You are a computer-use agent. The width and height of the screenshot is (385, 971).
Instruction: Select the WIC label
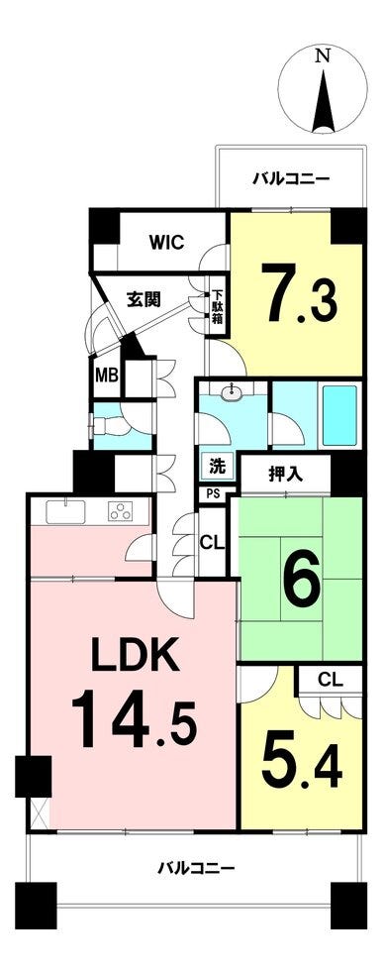pyautogui.click(x=166, y=242)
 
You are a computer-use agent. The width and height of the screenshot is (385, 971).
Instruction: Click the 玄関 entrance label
pyautogui.click(x=144, y=299)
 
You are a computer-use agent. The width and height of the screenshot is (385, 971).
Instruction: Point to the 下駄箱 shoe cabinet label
pyautogui.click(x=218, y=307)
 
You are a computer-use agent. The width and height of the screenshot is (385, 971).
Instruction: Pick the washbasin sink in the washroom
pyautogui.click(x=233, y=390)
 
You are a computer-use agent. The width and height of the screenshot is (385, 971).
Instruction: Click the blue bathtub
pyautogui.click(x=339, y=414)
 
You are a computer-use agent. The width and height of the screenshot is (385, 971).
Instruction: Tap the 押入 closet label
pyautogui.click(x=286, y=475)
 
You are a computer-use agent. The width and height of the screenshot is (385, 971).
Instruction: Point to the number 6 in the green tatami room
pyautogui.click(x=302, y=579)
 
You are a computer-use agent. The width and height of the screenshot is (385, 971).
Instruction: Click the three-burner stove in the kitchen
pyautogui.click(x=121, y=511)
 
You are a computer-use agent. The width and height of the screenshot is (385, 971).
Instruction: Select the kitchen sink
pyautogui.click(x=65, y=511)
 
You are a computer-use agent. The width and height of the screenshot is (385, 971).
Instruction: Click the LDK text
pyautogui.click(x=137, y=655)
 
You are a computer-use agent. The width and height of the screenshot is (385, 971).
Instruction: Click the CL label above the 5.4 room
pyautogui.click(x=332, y=680)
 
